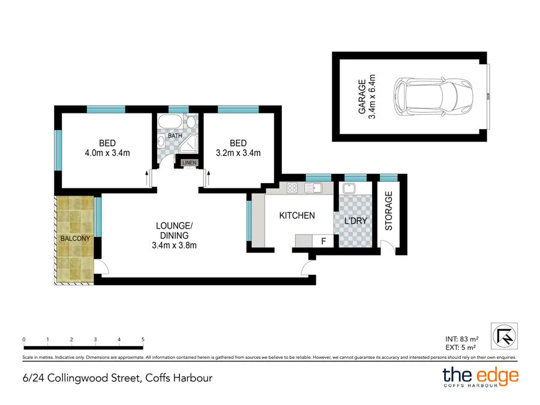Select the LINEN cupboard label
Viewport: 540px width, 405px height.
click(189, 163)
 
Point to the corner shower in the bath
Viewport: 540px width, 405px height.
click(190, 143)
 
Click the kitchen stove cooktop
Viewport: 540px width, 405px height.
click(293, 188)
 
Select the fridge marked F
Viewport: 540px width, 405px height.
click(323, 241)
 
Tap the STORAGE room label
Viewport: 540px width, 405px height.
click(388, 211)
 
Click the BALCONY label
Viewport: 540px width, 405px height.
click(75, 239)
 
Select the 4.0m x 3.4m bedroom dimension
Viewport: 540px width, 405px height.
click(107, 152)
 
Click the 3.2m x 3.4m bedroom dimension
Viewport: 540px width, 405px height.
click(238, 152)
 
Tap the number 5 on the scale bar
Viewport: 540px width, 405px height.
click(143, 340)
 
